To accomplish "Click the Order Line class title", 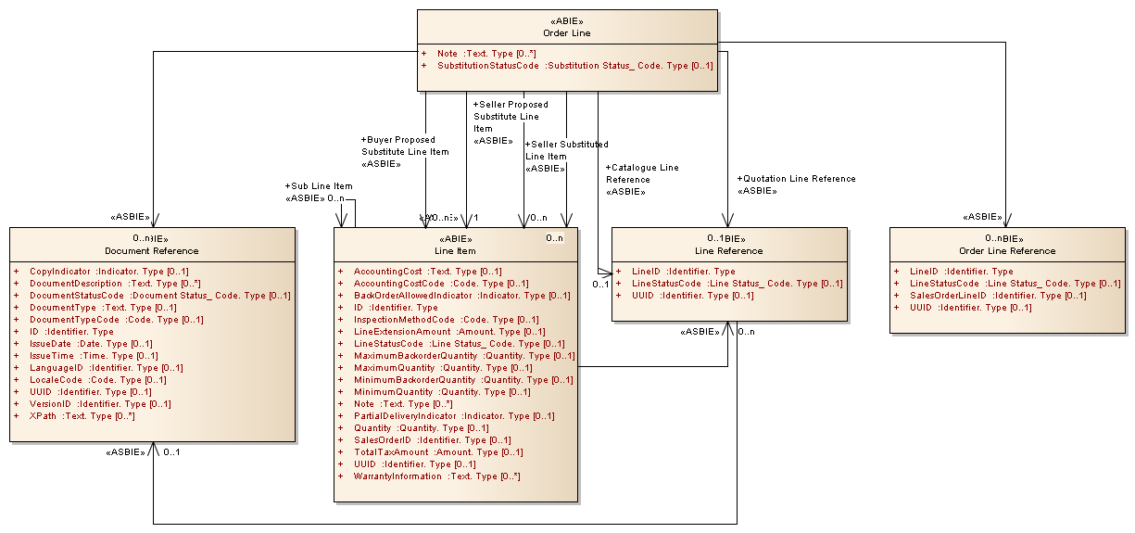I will coord(566,33).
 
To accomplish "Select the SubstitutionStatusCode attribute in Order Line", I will coord(574,66).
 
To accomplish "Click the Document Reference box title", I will coord(152,250).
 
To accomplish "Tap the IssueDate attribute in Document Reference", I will coord(91,344).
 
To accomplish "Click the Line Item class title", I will coord(454,250).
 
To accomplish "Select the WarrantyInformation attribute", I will coord(436,476).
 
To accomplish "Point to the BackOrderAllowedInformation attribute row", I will coord(461,296).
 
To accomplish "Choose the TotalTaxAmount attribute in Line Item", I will coord(437,452).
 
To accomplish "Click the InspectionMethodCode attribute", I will coord(446,320).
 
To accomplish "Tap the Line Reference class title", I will coord(728,250).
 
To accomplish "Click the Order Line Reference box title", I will coord(1008,250).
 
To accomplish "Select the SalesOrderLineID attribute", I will coord(985,296).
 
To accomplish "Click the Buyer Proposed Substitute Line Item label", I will coord(405,152).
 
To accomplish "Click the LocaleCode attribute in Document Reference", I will coord(97,380).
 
